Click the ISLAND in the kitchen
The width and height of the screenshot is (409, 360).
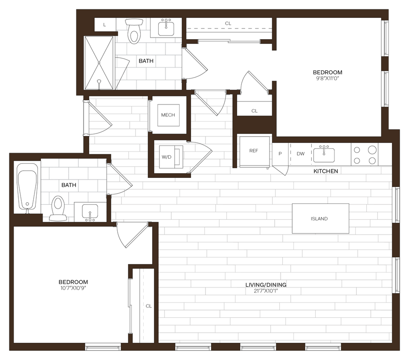point(320,218)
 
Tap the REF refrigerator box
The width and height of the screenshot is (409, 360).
point(254,151)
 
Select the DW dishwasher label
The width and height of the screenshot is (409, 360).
point(301,154)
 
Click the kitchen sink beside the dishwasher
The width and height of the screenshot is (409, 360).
point(324,154)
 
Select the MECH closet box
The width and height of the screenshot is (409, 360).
point(168,115)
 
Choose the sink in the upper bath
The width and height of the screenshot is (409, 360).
point(166,28)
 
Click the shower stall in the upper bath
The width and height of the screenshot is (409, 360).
point(99,63)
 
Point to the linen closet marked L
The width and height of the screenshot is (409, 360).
point(105,25)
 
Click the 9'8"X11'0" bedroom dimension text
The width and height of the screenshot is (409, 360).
point(328,78)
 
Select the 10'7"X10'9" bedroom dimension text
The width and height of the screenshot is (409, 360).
point(73,288)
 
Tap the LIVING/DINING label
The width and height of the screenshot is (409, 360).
point(265,285)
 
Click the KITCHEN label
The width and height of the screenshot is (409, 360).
point(326,171)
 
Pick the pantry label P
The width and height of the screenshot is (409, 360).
point(280,154)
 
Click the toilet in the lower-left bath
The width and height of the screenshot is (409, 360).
point(58,208)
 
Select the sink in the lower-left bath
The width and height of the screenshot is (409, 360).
point(90,212)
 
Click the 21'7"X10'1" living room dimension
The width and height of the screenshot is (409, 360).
point(265,291)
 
